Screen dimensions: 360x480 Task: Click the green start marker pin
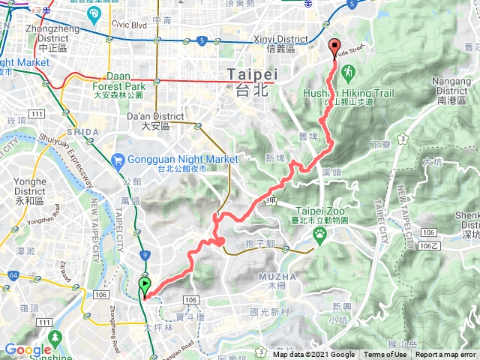145,286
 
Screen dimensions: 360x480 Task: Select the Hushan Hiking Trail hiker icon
349,71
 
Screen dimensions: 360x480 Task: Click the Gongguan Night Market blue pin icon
118,160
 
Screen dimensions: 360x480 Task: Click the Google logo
28,349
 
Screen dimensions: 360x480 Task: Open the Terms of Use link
386,355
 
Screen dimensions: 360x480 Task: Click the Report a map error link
446,355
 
